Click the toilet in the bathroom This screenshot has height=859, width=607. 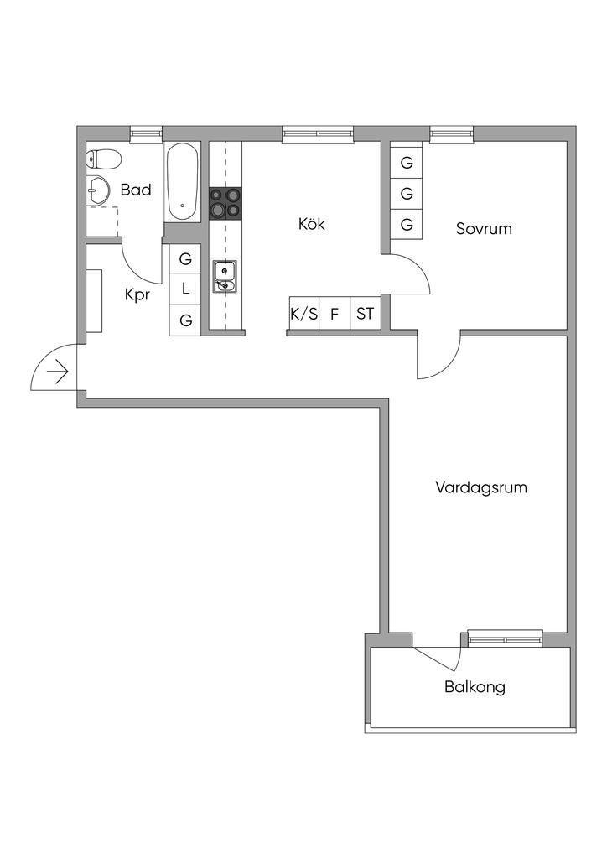click(103, 160)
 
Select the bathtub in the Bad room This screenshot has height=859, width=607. click(183, 182)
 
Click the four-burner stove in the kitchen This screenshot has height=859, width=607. click(225, 203)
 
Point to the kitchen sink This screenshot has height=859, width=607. click(225, 276)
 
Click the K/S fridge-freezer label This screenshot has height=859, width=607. click(303, 314)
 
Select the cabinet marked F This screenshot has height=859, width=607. click(335, 314)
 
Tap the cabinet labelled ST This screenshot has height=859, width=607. click(365, 314)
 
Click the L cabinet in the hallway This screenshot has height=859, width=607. click(185, 289)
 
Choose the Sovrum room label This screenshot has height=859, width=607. click(484, 228)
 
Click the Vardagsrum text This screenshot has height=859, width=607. click(481, 487)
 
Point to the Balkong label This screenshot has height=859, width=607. click(475, 687)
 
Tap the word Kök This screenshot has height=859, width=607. click(311, 223)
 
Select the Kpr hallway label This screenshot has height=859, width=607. click(137, 294)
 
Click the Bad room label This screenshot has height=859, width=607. click(136, 190)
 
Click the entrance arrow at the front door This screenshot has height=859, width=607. click(58, 372)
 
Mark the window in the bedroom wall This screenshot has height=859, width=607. click(452, 134)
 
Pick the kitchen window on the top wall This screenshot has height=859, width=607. click(318, 134)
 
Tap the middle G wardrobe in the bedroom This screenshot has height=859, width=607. click(406, 194)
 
